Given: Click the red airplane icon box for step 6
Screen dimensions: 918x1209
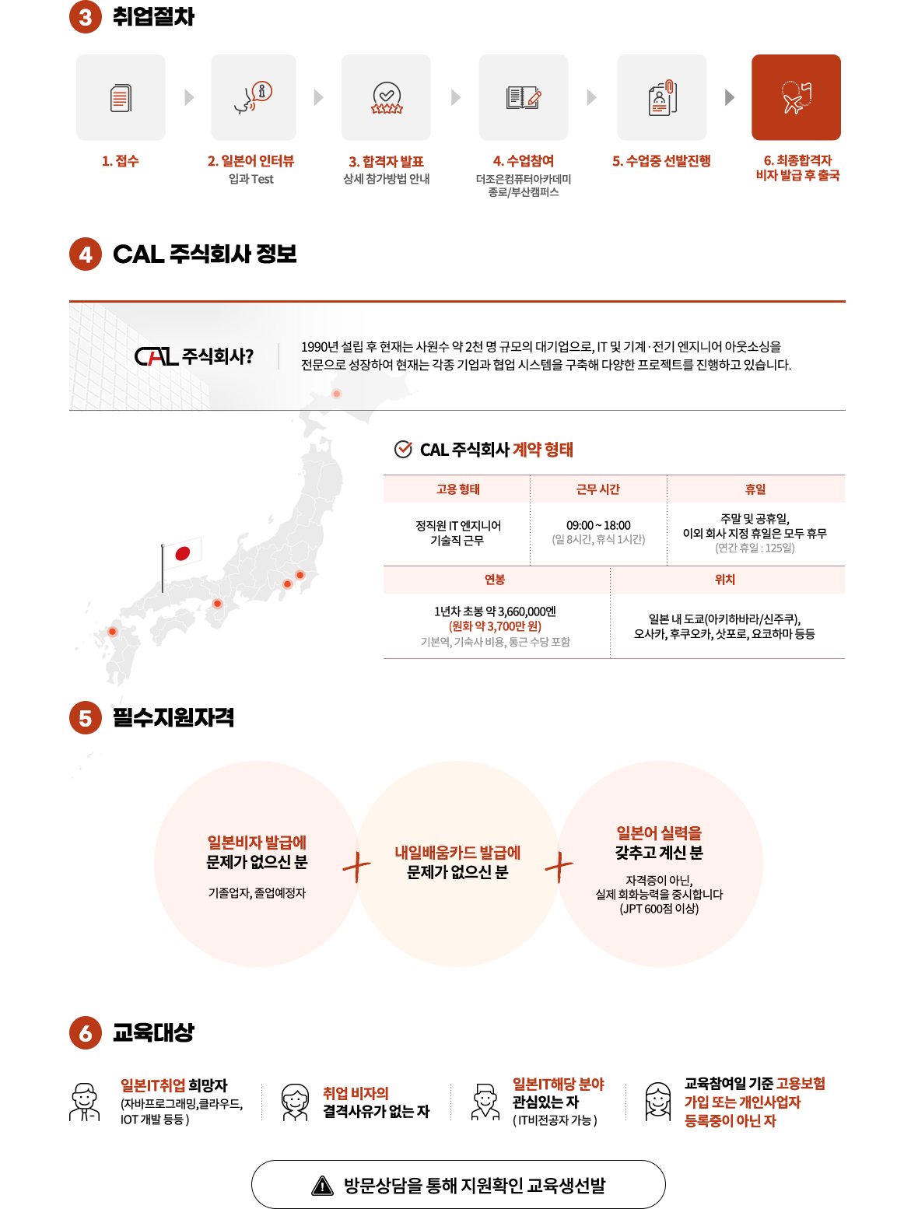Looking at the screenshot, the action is pos(796,97).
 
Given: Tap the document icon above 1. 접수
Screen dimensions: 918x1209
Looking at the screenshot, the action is pos(121,98).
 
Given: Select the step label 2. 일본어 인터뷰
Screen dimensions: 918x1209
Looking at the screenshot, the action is pos(251,161).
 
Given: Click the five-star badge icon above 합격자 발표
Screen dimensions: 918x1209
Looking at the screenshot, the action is pos(387,98).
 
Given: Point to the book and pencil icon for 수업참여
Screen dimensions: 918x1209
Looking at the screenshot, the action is pos(524,97).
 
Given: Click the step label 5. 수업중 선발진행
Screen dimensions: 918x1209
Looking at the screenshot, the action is pos(661,161).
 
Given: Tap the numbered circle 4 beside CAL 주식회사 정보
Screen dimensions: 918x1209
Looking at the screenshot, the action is pos(86,254).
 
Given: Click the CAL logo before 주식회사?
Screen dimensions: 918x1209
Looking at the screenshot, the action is pos(156,356).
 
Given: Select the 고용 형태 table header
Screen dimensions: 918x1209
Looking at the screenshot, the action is pos(457,489).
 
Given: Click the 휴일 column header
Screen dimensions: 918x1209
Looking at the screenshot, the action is pos(755,489).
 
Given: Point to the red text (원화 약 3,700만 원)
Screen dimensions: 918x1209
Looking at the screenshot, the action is pos(495,626).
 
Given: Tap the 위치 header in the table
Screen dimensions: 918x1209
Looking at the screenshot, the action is pos(725,580).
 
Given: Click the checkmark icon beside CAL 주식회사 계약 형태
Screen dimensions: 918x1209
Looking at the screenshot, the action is pos(403,450).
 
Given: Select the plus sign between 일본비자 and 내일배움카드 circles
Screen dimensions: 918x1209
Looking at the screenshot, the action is pos(357,867).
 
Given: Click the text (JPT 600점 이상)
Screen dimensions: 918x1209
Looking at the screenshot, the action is pos(659,908).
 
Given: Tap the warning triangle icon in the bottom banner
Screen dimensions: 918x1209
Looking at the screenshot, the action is pos(322,1186).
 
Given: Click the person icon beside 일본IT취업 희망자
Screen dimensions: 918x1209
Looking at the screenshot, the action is pos(84,1102).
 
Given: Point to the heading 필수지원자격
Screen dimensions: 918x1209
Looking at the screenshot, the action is pos(173,717).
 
